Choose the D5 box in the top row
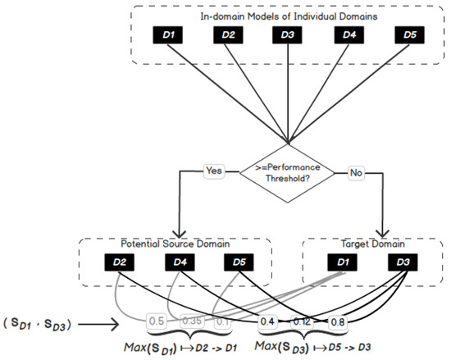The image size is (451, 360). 408,36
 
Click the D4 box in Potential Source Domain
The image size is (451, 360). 181,263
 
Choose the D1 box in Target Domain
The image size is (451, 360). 341,263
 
